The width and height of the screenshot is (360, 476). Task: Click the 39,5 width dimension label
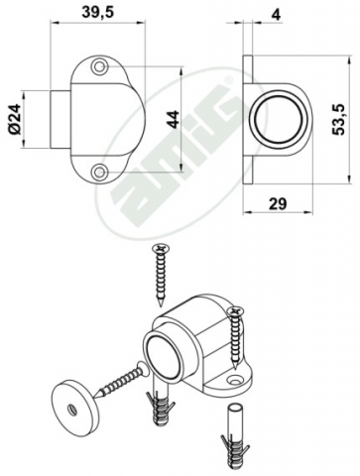97,12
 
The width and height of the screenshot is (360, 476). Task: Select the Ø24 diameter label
15,119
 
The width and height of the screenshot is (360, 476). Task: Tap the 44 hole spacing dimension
173,119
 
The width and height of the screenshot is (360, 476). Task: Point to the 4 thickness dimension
277,15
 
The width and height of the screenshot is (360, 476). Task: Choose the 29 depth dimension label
278,204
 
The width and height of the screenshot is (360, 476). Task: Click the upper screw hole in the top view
99,67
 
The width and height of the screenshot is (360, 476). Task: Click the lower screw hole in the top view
99,172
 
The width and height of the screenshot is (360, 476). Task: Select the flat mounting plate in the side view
248,119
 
